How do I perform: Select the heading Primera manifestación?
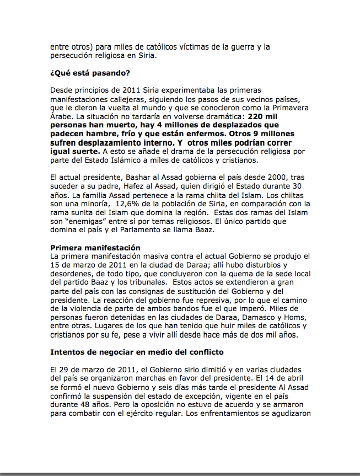tap(95, 248)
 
